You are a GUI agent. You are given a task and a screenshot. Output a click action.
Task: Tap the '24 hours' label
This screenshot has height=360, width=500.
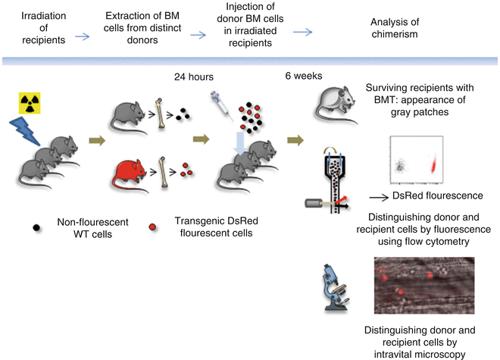pos(193,77)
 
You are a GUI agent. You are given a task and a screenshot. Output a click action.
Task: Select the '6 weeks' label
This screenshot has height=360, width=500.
pos(323,77)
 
